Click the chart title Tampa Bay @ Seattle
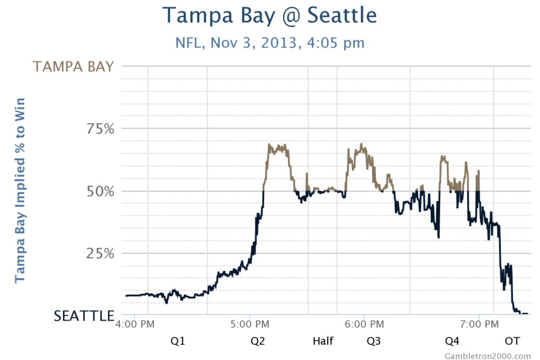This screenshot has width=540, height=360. [269, 16]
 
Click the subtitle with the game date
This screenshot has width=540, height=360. [269, 42]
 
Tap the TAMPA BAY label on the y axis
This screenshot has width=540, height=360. [74, 66]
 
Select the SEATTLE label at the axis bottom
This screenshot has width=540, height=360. [84, 316]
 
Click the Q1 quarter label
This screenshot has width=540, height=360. [178, 341]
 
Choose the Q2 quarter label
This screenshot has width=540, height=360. [258, 341]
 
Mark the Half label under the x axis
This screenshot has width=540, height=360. [323, 341]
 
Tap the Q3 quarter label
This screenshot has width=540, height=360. [373, 341]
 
